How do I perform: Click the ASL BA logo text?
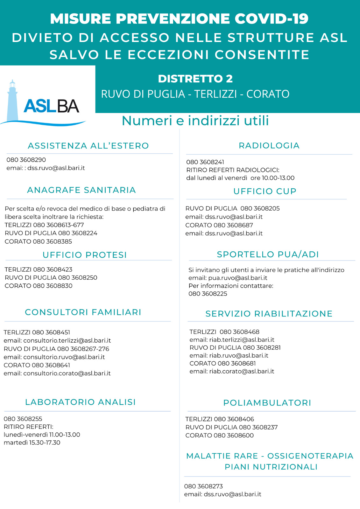52,106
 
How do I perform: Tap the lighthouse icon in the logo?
12,100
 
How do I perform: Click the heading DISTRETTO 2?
195,79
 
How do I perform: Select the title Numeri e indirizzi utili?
195,121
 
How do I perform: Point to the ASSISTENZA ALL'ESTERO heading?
88,146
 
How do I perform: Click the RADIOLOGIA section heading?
269,145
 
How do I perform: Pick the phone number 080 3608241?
205,162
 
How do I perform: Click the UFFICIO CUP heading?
265,191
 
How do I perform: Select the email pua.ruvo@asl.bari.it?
237,278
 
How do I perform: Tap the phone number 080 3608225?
208,294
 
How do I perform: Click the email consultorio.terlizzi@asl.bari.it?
67,340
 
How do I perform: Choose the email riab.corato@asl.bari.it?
241,371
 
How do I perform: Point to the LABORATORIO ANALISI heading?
81,402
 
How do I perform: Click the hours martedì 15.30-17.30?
32,443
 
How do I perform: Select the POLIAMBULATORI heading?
267,403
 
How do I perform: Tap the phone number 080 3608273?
203,486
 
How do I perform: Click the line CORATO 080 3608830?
39,286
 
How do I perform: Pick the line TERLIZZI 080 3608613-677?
44,225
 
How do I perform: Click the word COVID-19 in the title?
272,19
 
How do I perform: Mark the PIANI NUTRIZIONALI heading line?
271,467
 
